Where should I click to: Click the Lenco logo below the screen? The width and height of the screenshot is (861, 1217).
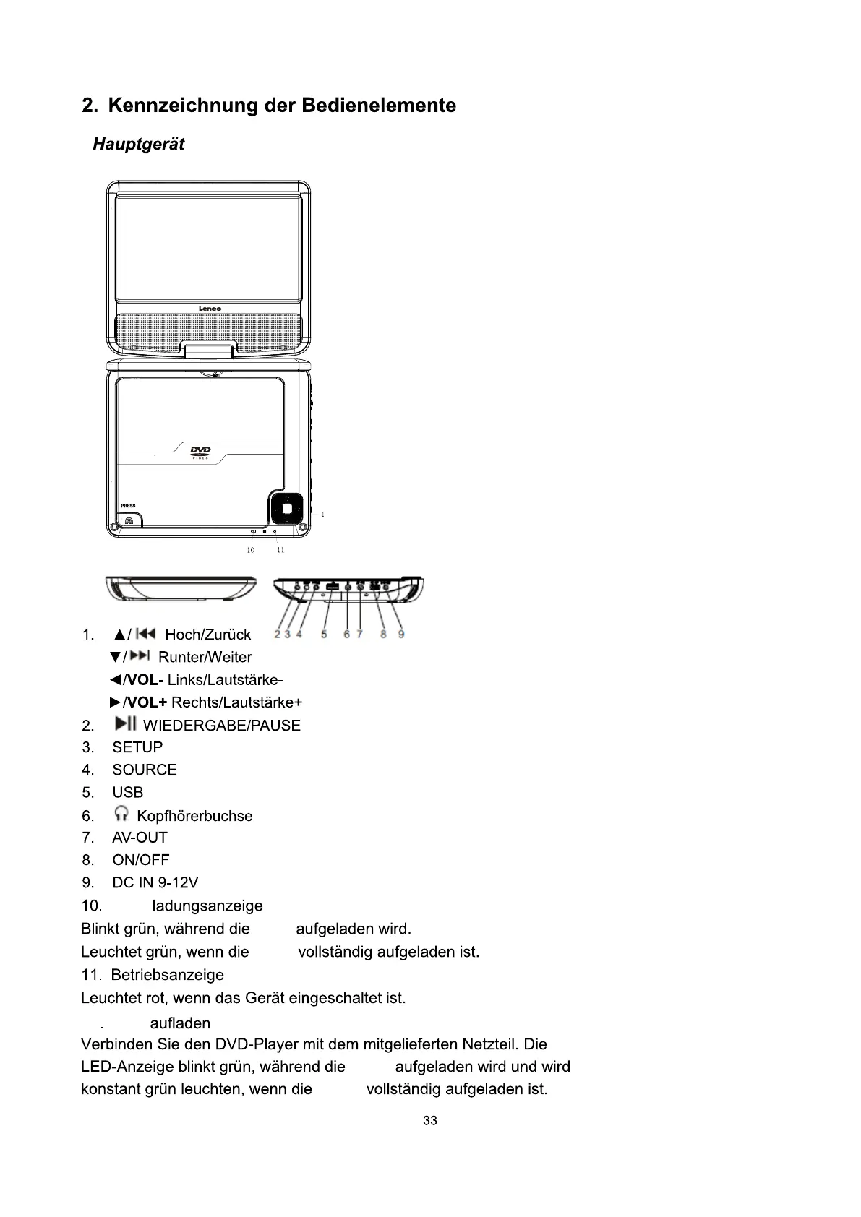(210, 309)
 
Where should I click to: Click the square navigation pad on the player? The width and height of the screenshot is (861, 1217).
(287, 509)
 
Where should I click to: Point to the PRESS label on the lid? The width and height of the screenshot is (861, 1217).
(127, 505)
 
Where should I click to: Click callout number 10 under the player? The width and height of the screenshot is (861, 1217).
(250, 550)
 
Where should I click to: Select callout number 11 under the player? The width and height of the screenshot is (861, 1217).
(280, 550)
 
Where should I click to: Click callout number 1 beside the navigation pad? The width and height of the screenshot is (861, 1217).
(322, 515)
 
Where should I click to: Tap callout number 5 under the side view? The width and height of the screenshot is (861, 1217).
(324, 635)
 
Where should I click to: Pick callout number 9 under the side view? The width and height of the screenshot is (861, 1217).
(401, 635)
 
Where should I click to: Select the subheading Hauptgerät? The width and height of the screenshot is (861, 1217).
(138, 145)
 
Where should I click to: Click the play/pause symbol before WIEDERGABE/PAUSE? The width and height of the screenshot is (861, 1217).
(126, 724)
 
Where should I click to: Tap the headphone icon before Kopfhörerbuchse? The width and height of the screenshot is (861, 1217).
(121, 814)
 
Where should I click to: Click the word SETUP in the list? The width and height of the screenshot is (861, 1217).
(137, 747)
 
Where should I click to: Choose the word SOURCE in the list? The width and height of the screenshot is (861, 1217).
(145, 770)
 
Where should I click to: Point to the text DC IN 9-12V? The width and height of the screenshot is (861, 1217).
(155, 882)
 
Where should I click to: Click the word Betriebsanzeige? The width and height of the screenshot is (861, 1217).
(168, 975)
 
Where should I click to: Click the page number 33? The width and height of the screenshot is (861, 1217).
(430, 1121)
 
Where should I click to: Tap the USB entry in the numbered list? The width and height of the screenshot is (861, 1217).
(128, 792)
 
